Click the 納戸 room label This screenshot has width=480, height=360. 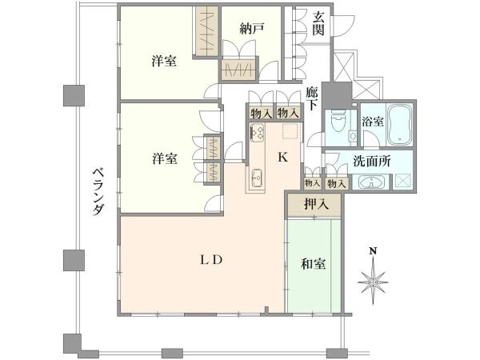tap(251, 30)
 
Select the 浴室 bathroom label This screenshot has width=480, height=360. tap(372, 122)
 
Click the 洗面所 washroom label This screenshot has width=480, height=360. tap(372, 160)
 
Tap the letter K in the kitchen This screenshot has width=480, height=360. tap(282, 157)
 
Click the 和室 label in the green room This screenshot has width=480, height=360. tap(313, 263)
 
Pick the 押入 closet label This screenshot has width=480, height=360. tap(316, 205)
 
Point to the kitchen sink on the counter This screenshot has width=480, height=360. tap(258, 178)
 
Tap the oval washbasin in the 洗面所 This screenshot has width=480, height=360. tap(372, 182)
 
